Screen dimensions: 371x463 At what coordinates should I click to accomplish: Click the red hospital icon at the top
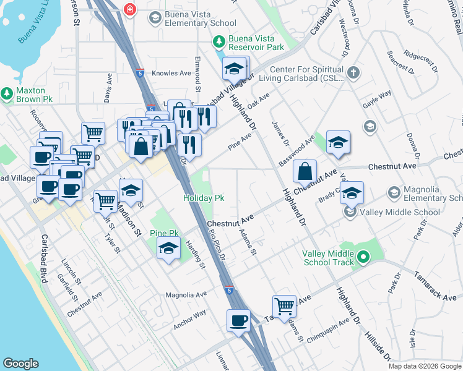(130, 9)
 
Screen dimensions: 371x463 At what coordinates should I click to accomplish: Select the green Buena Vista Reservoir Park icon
(218, 41)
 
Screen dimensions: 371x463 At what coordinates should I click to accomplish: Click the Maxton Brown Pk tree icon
(7, 94)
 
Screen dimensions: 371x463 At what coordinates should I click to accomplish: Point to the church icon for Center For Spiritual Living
(353, 73)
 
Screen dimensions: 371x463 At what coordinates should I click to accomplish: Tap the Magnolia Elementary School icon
(394, 194)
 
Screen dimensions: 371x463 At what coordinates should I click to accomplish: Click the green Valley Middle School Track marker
(364, 255)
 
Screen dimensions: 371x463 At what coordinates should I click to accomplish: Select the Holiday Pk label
(203, 198)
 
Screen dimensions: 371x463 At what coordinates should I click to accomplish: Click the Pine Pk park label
(164, 234)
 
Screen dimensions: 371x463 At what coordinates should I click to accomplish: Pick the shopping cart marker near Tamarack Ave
(284, 305)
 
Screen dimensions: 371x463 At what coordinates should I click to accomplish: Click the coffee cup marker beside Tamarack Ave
(238, 320)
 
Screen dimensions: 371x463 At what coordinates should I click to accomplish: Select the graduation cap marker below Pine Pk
(168, 249)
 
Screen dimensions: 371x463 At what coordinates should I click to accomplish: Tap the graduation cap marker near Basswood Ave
(338, 142)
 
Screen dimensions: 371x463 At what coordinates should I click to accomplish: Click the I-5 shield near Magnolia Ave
(230, 289)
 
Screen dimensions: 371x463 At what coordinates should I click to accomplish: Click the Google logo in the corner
(21, 364)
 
